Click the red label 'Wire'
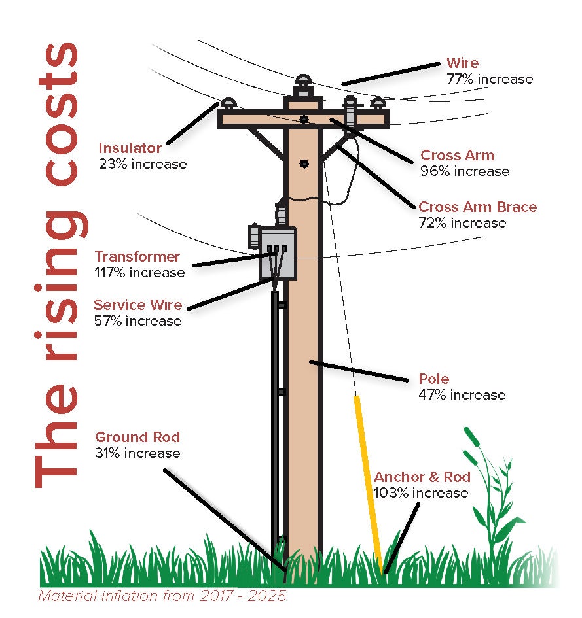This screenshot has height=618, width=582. tap(462, 63)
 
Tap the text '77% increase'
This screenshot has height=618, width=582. tap(489, 79)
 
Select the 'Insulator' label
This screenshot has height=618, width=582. tap(130, 148)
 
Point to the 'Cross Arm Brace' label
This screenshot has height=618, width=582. tap(477, 207)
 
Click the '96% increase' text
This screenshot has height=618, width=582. tap(464, 171)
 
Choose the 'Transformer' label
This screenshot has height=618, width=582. tap(137, 256)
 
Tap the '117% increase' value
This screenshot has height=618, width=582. tap(139, 272)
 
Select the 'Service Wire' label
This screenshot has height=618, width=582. tap(137, 305)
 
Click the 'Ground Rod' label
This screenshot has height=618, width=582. tap(137, 438)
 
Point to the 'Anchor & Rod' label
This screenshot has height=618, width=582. tap(421, 477)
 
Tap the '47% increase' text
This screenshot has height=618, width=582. tap(462, 395)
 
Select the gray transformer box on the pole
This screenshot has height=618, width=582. tap(278, 253)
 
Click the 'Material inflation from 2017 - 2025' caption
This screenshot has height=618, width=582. tap(162, 596)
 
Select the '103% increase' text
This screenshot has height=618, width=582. tap(420, 492)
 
